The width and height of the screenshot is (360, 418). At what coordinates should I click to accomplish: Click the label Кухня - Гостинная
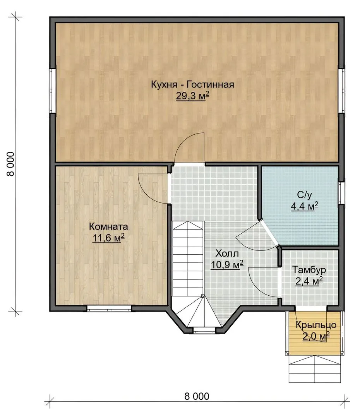pos(192,84)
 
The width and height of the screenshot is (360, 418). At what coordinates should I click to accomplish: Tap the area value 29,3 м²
pos(192,96)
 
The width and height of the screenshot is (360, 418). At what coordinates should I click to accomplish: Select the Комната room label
pos(108,226)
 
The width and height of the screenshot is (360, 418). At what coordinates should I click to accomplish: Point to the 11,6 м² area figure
pos(108,238)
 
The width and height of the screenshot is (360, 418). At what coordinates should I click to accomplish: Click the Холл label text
pos(227,253)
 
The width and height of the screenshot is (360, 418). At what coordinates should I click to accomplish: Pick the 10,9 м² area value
pos(227,264)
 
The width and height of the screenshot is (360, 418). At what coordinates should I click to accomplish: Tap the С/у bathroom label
pos(304,195)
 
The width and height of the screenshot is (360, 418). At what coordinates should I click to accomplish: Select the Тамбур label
pos(309,269)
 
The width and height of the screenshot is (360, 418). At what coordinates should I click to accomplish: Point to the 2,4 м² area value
pos(309,281)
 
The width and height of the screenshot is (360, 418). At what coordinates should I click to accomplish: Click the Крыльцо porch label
pos(316,325)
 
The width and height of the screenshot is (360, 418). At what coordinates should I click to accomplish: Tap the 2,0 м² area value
pos(316,336)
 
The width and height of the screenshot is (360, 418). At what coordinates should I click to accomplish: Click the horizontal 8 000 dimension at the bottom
pos(197,396)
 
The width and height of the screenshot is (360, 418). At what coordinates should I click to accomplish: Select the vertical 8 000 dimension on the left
pos(11,164)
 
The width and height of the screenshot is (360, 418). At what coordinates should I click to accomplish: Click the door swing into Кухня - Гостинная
pos(189,148)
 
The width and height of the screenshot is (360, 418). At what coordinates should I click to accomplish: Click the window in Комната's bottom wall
pos(109,308)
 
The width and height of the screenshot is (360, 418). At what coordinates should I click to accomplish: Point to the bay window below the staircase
pos(204,330)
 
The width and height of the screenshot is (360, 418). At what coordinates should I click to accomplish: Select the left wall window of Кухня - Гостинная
pos(52,91)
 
